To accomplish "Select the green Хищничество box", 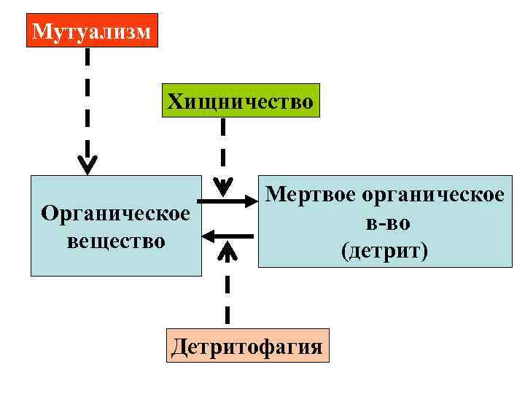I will pos(241,101).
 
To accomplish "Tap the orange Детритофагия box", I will pos(246,345).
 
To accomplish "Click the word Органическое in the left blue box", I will pos(115,213).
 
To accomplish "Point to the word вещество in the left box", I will pos(115,239).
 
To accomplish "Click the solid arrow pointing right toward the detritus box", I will pos(225,201).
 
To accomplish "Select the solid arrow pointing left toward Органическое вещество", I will pos(228,236).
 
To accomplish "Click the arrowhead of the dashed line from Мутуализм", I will pos(87,166).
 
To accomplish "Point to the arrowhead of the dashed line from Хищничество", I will pos(222,183).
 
